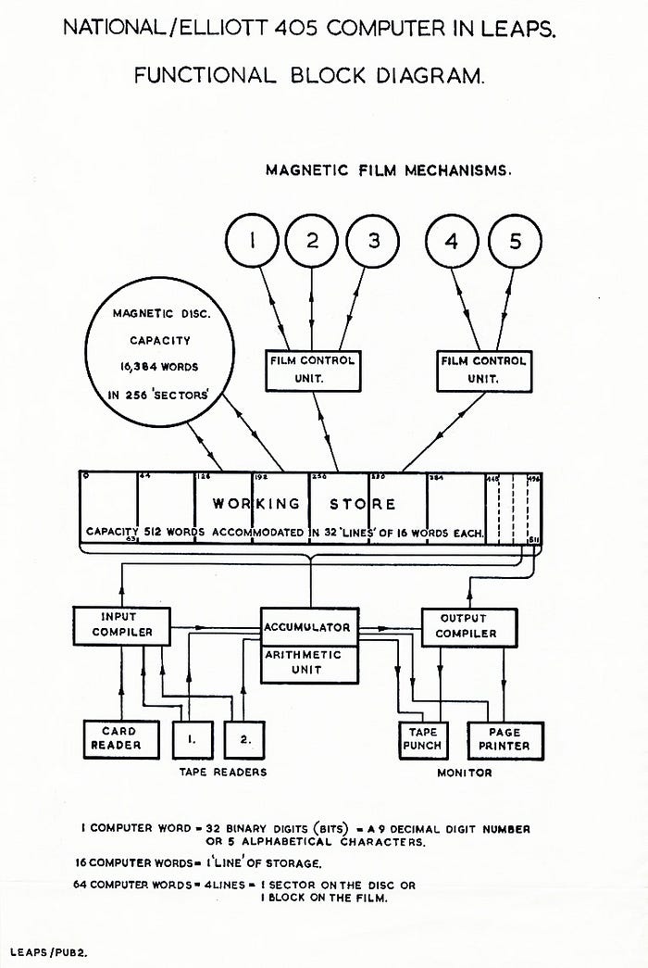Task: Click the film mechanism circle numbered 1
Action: (251, 242)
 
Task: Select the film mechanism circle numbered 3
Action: (373, 242)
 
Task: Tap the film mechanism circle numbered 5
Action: (516, 242)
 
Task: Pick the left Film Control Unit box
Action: (311, 369)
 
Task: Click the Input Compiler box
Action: (122, 625)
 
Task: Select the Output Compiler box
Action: (467, 626)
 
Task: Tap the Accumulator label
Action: (307, 627)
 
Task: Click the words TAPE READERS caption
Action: (223, 772)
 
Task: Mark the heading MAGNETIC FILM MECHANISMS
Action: (389, 170)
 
